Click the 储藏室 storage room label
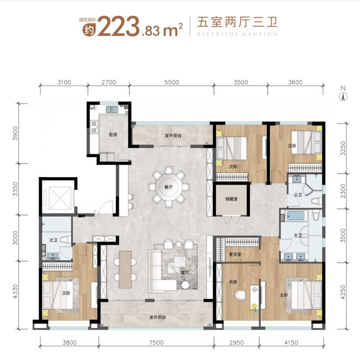[232, 199]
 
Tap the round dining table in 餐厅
[169, 187]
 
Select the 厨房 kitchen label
[113, 134]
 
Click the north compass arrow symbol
[343, 96]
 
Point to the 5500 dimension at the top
[171, 82]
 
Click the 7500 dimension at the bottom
[156, 343]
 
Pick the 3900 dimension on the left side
[15, 133]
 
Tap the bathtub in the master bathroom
[297, 216]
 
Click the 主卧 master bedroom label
[284, 295]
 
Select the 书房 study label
[233, 282]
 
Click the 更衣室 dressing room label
[235, 254]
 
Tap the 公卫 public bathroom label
[298, 195]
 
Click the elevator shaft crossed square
[60, 198]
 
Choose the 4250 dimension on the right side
[343, 292]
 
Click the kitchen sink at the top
[112, 109]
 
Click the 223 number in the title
[118, 26]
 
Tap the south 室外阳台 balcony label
[158, 317]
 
